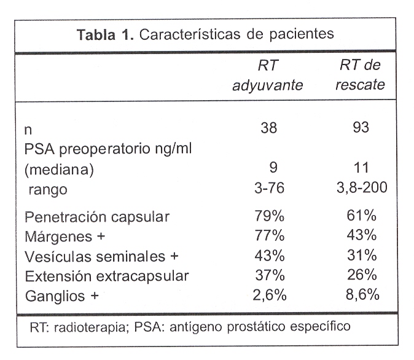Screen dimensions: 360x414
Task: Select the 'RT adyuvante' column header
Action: pyautogui.click(x=268, y=76)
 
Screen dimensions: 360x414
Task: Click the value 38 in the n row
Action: pyautogui.click(x=268, y=128)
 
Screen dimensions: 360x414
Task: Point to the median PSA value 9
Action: pyautogui.click(x=269, y=168)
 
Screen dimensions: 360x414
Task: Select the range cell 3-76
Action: pyautogui.click(x=268, y=188)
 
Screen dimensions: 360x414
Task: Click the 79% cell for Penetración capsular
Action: pyautogui.click(x=268, y=216)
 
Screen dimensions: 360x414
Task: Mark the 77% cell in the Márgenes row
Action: pyautogui.click(x=268, y=236)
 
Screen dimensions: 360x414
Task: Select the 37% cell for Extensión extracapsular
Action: pyautogui.click(x=268, y=275)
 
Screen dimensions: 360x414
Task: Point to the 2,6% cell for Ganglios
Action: pyautogui.click(x=268, y=295)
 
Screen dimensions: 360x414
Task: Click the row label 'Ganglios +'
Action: pyautogui.click(x=62, y=296)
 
